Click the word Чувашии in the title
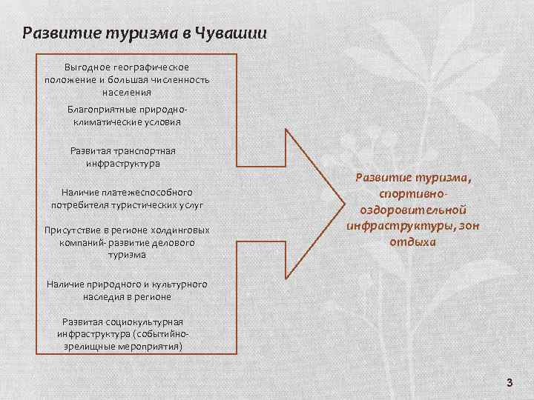pyautogui.click(x=235, y=34)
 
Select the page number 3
pyautogui.click(x=510, y=382)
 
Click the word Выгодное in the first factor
pyautogui.click(x=86, y=67)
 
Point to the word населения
pyautogui.click(x=127, y=93)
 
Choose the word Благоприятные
pyautogui.click(x=98, y=109)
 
